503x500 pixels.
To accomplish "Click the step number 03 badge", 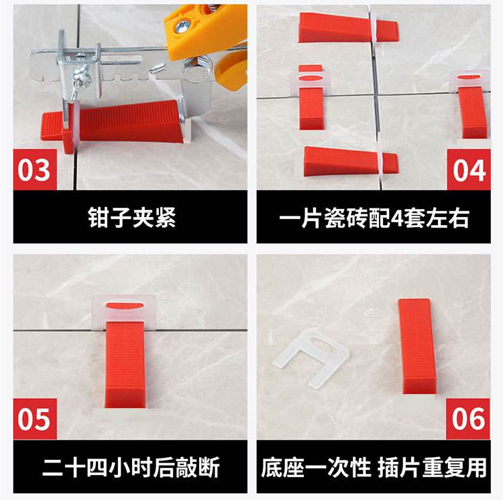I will point(34,170).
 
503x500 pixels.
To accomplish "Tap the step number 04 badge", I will point(469,170).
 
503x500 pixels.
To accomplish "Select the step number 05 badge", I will point(34,419).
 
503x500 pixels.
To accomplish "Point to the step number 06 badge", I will point(469,419).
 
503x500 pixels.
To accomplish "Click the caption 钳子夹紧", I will point(131,217).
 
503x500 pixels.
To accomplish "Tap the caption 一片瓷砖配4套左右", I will point(374,217).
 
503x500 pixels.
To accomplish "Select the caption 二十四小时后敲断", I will point(131,467).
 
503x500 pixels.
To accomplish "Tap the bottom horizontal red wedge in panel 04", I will point(345,160).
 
